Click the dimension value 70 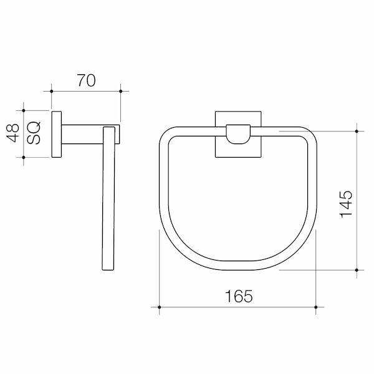[85, 80]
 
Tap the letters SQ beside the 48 [35, 132]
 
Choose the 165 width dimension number [239, 297]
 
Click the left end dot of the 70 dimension [51, 92]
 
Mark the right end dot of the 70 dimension [120, 92]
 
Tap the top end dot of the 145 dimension [357, 132]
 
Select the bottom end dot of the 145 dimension [357, 271]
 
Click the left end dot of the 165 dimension [160, 307]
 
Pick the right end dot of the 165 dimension [317, 307]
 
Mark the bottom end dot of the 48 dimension [24, 157]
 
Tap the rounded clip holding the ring [239, 133]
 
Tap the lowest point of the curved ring [238, 269]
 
